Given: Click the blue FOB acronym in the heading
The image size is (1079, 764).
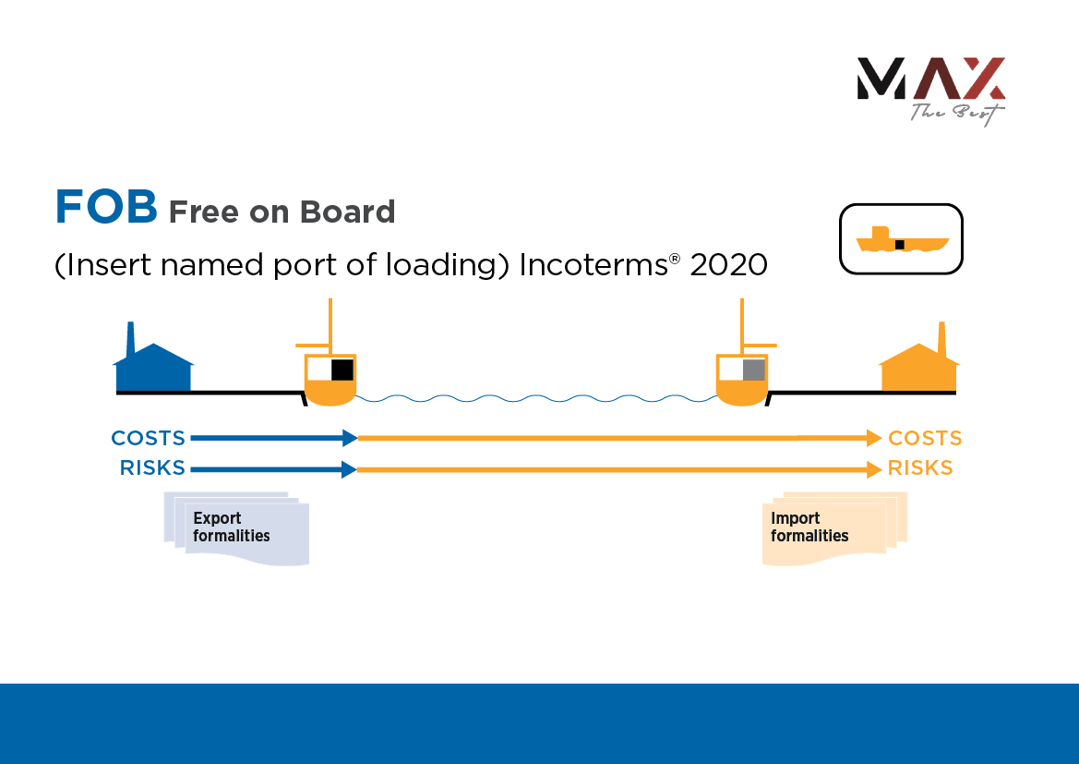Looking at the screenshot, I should (x=106, y=207).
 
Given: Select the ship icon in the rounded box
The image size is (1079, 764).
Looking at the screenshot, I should (x=901, y=240).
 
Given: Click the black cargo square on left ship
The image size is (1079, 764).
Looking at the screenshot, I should (x=342, y=370).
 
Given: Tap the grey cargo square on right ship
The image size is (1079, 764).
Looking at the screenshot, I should (x=753, y=370).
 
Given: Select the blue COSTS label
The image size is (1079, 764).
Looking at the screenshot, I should (x=149, y=438).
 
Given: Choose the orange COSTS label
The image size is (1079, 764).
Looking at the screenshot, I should (x=925, y=438).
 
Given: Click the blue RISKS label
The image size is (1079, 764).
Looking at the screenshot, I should (x=152, y=468).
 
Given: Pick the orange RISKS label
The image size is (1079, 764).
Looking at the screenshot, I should (x=920, y=468).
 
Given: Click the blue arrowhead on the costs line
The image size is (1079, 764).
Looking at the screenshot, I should (x=349, y=437).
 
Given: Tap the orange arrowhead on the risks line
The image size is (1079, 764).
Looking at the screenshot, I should (x=873, y=469).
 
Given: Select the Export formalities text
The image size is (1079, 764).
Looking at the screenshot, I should (x=232, y=528).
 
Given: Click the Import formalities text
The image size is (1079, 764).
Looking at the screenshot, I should (x=809, y=528).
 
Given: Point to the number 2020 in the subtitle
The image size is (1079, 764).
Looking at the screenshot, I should (x=728, y=265).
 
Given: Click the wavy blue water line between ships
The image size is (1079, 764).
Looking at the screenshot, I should (x=535, y=398).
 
